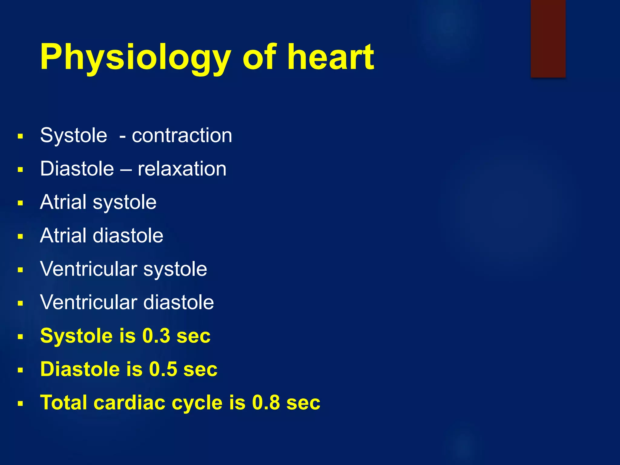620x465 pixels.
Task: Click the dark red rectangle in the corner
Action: pyautogui.click(x=548, y=38)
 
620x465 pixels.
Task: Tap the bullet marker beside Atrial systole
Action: pyautogui.click(x=20, y=203)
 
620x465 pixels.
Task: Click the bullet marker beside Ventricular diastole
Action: pyautogui.click(x=20, y=303)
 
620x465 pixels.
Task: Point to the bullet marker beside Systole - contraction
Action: pyautogui.click(x=20, y=136)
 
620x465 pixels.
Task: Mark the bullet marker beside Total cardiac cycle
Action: pyautogui.click(x=20, y=404)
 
